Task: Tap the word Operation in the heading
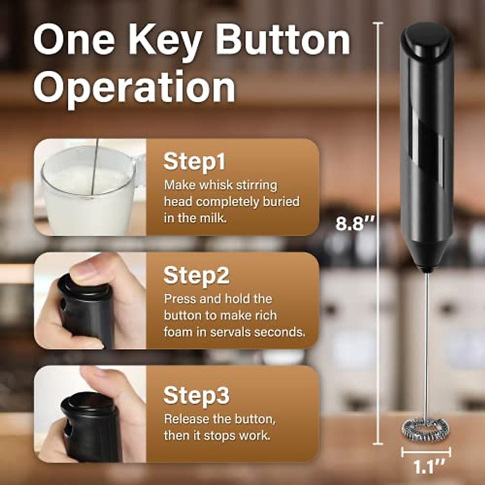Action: pos(134,86)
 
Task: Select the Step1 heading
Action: pos(194,161)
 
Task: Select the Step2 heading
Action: pos(196,275)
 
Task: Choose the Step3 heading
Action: pos(196,395)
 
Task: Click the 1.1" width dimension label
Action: pos(426,467)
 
